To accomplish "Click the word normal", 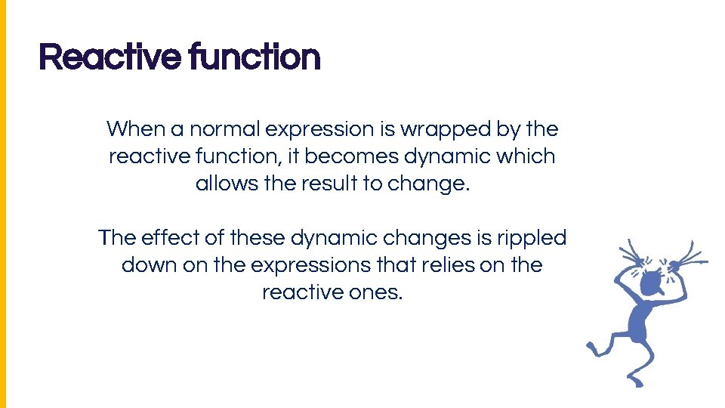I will click(225, 129).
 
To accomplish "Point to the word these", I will click(258, 238).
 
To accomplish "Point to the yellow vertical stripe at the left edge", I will click(3, 204).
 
